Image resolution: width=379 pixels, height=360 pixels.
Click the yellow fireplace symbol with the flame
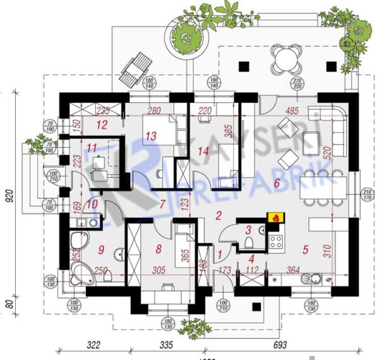click(x=275, y=218)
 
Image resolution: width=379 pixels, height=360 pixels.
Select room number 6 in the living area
click(x=276, y=183)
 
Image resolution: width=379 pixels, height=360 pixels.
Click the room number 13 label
click(x=150, y=136)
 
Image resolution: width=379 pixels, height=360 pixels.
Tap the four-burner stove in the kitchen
click(x=276, y=239)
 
